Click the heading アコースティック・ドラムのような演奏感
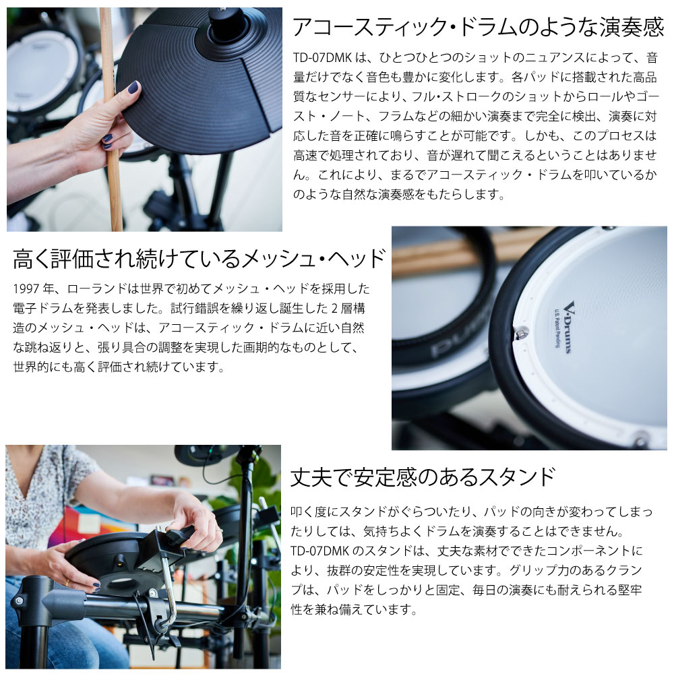coord(478,27)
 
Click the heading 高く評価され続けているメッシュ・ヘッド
coord(199,259)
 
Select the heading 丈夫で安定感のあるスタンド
coord(423,477)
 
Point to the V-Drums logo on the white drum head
coord(568,327)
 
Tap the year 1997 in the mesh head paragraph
coord(26,288)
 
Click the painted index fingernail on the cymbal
coord(133,87)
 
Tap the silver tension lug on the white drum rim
coord(522,334)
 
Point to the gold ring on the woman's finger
coord(67,582)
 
